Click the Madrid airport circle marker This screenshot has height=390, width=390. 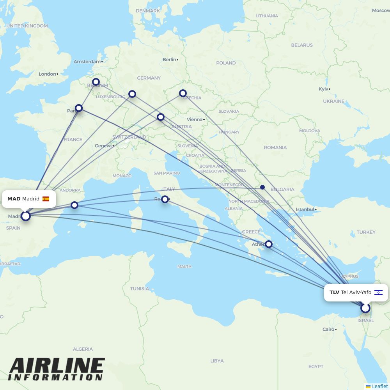click(x=26, y=216)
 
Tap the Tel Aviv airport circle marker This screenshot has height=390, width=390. click(x=365, y=308)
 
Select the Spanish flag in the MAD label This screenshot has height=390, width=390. click(x=46, y=199)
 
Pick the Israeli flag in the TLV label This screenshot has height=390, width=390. click(x=378, y=292)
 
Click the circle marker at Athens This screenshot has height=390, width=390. click(x=269, y=245)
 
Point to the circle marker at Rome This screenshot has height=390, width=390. click(x=165, y=199)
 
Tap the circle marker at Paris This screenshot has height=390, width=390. click(x=79, y=108)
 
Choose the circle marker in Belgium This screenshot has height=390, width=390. click(x=96, y=82)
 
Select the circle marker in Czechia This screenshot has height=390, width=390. click(x=183, y=93)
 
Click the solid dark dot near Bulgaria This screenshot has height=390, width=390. click(x=262, y=187)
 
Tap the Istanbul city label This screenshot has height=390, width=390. click(x=305, y=209)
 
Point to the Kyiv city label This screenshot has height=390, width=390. click(x=323, y=89)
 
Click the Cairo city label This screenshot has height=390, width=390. click(x=328, y=329)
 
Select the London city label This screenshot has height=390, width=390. click(x=47, y=74)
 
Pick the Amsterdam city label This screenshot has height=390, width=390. click(x=87, y=62)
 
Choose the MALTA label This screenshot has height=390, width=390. click(x=184, y=266)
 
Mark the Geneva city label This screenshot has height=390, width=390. click(x=103, y=146)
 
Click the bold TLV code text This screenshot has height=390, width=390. click(x=334, y=292)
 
